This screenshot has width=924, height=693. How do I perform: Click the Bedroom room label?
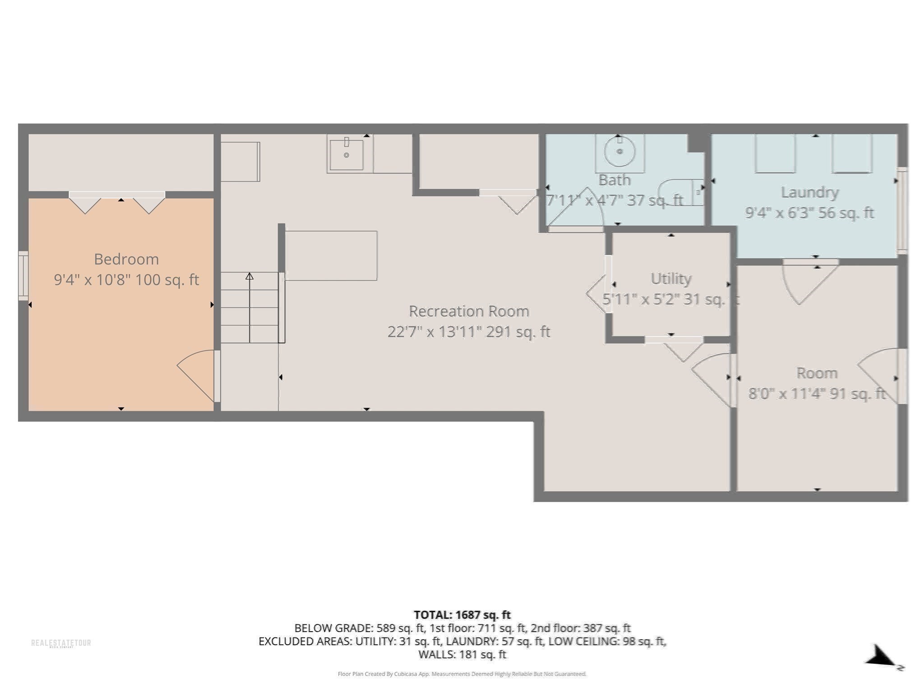(x=126, y=259)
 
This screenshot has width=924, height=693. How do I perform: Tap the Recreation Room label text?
(x=469, y=311)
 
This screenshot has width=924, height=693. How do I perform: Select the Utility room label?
(x=671, y=279)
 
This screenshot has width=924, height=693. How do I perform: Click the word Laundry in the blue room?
(x=810, y=193)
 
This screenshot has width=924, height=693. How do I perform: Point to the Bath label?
(x=614, y=180)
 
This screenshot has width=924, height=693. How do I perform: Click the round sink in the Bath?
(x=619, y=152)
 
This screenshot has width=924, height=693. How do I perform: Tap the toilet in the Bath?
(x=681, y=192)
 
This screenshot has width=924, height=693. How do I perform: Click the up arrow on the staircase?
(x=249, y=276)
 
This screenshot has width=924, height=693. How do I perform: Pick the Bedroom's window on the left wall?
(x=23, y=276)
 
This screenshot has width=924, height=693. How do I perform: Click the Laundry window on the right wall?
(x=901, y=210)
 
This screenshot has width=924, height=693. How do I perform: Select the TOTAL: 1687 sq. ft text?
(x=462, y=615)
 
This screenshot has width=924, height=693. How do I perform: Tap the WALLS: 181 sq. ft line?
(x=462, y=655)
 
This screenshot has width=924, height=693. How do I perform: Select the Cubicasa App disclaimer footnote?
(x=462, y=674)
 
